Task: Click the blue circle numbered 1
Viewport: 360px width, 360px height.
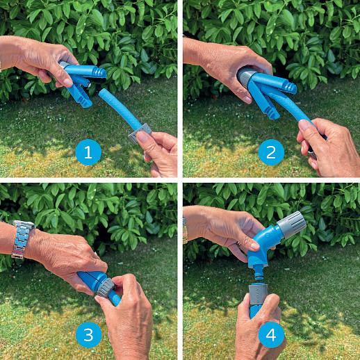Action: click(88, 152)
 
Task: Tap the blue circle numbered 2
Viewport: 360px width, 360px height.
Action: click(271, 152)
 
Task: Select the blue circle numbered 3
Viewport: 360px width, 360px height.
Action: click(88, 334)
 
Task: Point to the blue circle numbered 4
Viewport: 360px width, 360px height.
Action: click(271, 334)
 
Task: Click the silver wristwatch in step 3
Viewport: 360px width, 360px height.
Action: click(22, 239)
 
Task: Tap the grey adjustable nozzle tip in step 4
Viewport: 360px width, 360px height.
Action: click(291, 224)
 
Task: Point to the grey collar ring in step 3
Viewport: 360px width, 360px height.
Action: click(106, 287)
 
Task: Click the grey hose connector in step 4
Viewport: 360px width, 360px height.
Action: click(258, 293)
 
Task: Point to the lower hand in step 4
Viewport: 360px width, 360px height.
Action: click(259, 327)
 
